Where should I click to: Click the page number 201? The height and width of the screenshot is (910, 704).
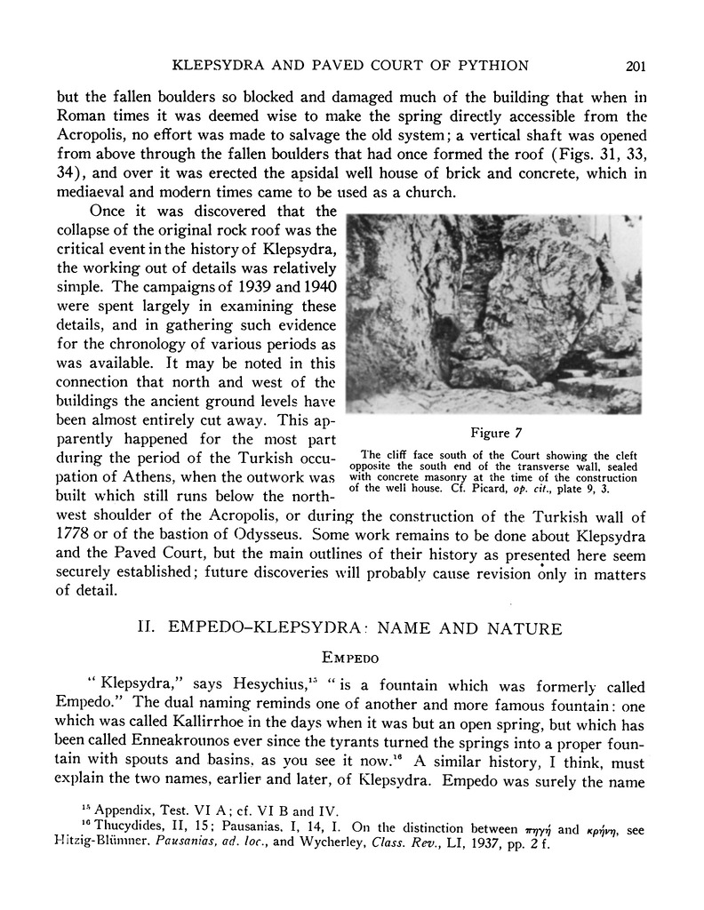[635, 65]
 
